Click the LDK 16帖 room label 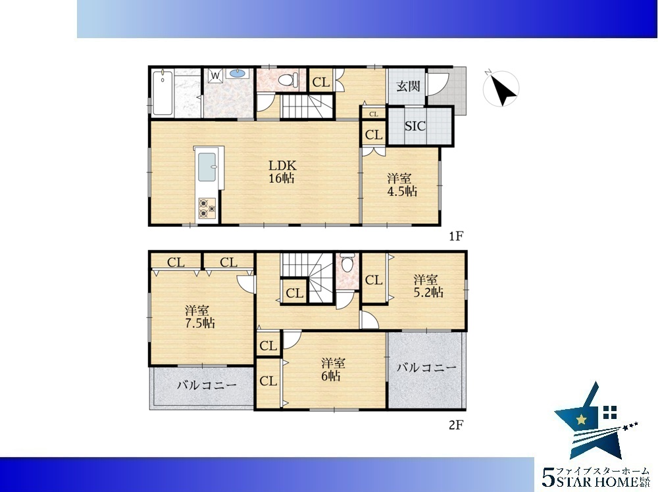282,172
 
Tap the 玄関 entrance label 408,86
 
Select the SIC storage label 415,126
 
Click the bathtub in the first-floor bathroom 163,93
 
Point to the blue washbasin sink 237,74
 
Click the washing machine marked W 215,76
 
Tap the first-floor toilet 289,80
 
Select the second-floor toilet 347,262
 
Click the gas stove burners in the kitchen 207,208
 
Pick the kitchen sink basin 207,167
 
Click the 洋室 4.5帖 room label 401,185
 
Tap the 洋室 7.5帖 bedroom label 200,316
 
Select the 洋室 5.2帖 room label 428,285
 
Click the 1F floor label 456,237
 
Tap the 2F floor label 456,426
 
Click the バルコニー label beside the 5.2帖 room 426,368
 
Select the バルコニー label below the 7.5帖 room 207,385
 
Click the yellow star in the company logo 581,419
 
